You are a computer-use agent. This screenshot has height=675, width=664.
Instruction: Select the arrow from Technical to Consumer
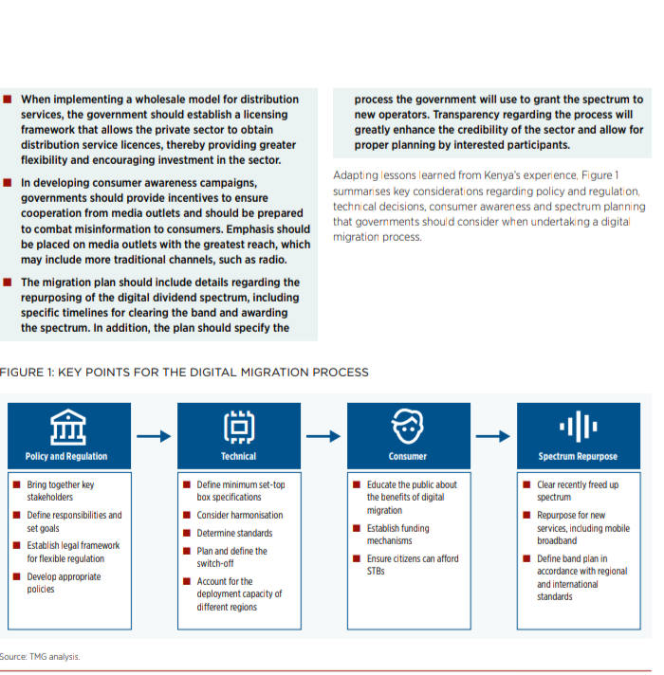323,436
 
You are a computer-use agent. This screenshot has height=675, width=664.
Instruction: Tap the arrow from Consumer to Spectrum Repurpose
491,436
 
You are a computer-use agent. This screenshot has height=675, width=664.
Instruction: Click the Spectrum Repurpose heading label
577,456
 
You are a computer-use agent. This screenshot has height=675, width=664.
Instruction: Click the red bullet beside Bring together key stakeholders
17,484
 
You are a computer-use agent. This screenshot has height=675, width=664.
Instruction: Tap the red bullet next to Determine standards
187,533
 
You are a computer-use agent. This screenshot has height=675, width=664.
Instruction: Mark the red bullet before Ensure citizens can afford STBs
357,558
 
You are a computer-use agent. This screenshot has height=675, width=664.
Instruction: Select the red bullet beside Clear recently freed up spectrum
526,484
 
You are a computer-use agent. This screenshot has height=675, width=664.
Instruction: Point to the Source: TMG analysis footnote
41,656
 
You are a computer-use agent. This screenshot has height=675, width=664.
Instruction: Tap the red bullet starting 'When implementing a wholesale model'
9,99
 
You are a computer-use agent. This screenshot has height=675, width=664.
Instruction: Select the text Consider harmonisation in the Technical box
239,515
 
